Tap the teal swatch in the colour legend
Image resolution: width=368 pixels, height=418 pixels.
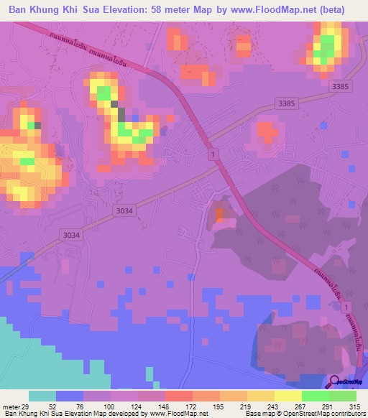[42, 396]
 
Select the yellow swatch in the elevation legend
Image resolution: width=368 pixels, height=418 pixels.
[287, 396]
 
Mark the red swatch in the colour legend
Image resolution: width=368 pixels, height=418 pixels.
[179, 396]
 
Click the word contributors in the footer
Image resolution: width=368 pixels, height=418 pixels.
[346, 414]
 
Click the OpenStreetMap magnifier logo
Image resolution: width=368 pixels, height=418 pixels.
[336, 384]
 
